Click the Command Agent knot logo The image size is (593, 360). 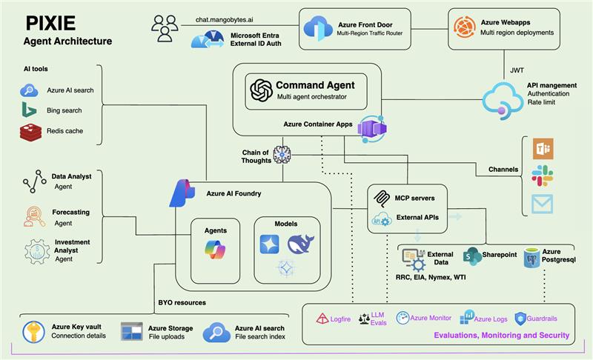(262, 90)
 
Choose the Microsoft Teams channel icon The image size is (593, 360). (543, 150)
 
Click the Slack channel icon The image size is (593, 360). (543, 176)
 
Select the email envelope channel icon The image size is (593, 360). (543, 202)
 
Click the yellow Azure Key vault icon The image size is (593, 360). (33, 331)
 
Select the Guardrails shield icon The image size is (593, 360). (520, 319)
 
